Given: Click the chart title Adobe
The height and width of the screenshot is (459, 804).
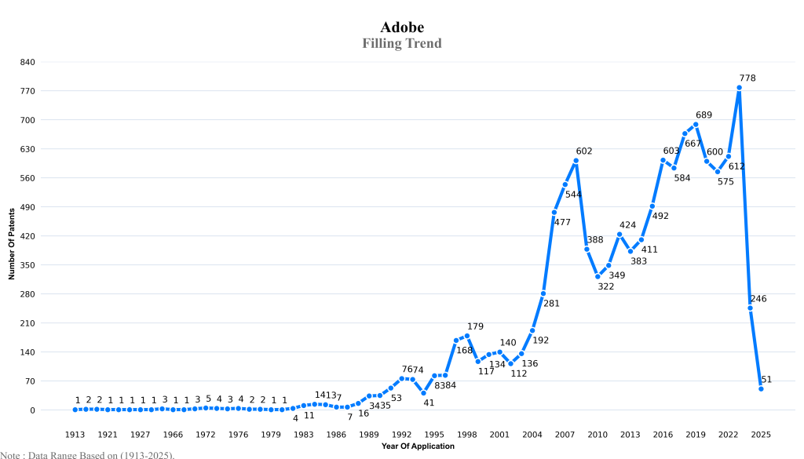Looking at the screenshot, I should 402,27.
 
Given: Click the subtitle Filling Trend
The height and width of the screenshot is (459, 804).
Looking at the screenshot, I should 402,43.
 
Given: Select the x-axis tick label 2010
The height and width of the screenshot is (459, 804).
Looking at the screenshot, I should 598,434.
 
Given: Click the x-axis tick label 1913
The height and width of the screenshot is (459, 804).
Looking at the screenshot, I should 75,434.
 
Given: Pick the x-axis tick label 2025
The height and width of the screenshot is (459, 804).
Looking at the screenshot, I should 761,434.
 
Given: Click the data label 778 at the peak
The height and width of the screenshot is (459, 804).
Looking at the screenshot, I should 747,78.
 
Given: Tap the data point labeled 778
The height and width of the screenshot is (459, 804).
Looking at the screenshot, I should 739,88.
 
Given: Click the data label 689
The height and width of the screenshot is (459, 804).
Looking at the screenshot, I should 703,115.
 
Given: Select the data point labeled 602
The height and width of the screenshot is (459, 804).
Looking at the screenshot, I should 576,161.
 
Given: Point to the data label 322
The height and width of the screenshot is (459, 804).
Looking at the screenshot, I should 605,286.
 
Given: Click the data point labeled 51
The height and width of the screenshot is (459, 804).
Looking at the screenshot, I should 761,388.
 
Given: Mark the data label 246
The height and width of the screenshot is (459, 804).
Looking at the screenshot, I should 758,299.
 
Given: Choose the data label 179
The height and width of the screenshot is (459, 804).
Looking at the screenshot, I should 476,326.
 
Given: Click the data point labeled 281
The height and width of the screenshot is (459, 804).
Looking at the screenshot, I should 543,293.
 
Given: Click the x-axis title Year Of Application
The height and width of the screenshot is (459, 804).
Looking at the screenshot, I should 418,446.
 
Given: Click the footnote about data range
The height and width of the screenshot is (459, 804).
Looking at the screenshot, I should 87,454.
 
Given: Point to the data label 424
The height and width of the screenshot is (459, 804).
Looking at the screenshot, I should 627,225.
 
